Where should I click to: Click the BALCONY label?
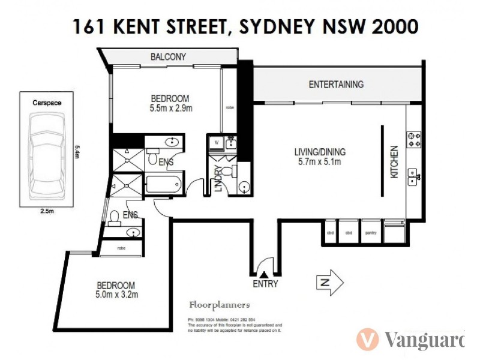click(x=168, y=57)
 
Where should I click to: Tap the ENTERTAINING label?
click(x=336, y=85)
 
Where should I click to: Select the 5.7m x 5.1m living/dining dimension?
click(x=320, y=162)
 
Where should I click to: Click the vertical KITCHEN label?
click(x=394, y=162)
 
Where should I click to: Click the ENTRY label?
click(x=266, y=284)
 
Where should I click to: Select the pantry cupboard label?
click(x=370, y=233)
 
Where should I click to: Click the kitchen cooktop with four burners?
click(x=413, y=139)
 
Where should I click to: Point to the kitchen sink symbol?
click(x=413, y=176)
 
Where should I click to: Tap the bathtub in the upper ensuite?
click(x=163, y=183)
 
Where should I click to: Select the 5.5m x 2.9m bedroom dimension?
click(x=170, y=109)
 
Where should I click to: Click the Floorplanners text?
click(x=219, y=305)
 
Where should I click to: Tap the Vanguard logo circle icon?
click(x=367, y=340)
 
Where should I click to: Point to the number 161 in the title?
click(x=86, y=26)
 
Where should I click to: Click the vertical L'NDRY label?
click(x=219, y=179)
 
